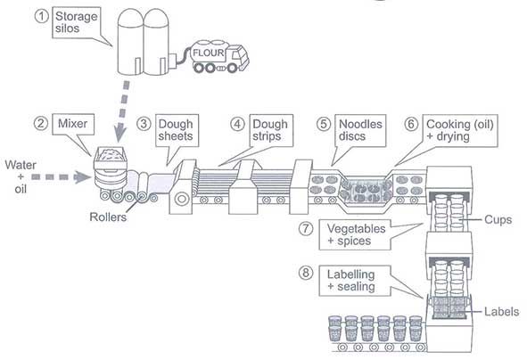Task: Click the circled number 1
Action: click(42, 16)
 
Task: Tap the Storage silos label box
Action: click(77, 22)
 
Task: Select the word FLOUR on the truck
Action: click(209, 53)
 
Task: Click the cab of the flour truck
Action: click(237, 58)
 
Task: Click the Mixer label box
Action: click(73, 124)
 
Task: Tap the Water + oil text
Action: click(21, 177)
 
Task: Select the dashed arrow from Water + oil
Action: click(62, 177)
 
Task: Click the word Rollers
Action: click(108, 217)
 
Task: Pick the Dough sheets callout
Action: click(177, 130)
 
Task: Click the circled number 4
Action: click(237, 124)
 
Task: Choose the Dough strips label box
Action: click(271, 130)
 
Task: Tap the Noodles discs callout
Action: click(360, 130)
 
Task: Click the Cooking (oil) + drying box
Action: click(460, 131)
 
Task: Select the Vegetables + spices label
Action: click(355, 234)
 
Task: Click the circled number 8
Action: click(306, 273)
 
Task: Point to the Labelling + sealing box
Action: click(355, 281)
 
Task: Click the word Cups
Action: click(498, 220)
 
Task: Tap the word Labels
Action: click(501, 312)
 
